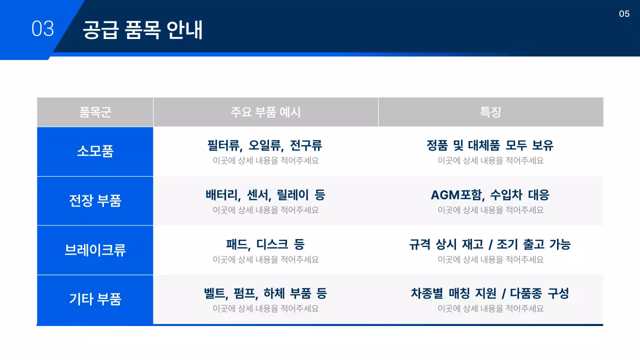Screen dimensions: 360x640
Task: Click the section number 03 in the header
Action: point(42,29)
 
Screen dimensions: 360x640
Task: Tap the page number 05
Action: point(624,14)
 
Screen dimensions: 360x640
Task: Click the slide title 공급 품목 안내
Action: point(142,30)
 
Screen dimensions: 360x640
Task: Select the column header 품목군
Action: point(95,112)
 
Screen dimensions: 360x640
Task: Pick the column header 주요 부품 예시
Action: point(265,112)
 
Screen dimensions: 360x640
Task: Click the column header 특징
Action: point(490,112)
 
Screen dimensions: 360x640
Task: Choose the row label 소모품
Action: point(95,151)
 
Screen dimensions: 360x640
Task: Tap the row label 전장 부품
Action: point(95,200)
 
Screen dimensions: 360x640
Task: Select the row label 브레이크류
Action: point(95,250)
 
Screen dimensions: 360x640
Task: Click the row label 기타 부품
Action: point(95,299)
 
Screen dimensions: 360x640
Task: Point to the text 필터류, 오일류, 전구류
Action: point(265,145)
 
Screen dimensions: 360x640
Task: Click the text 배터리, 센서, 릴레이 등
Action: point(265,194)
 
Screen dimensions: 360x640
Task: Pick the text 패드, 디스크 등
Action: point(265,244)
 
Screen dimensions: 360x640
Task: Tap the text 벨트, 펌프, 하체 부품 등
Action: point(265,293)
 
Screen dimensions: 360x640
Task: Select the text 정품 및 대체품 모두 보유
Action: point(490,145)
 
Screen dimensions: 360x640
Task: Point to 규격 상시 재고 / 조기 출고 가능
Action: point(490,244)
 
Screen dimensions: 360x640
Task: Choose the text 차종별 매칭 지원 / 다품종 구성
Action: point(490,293)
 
